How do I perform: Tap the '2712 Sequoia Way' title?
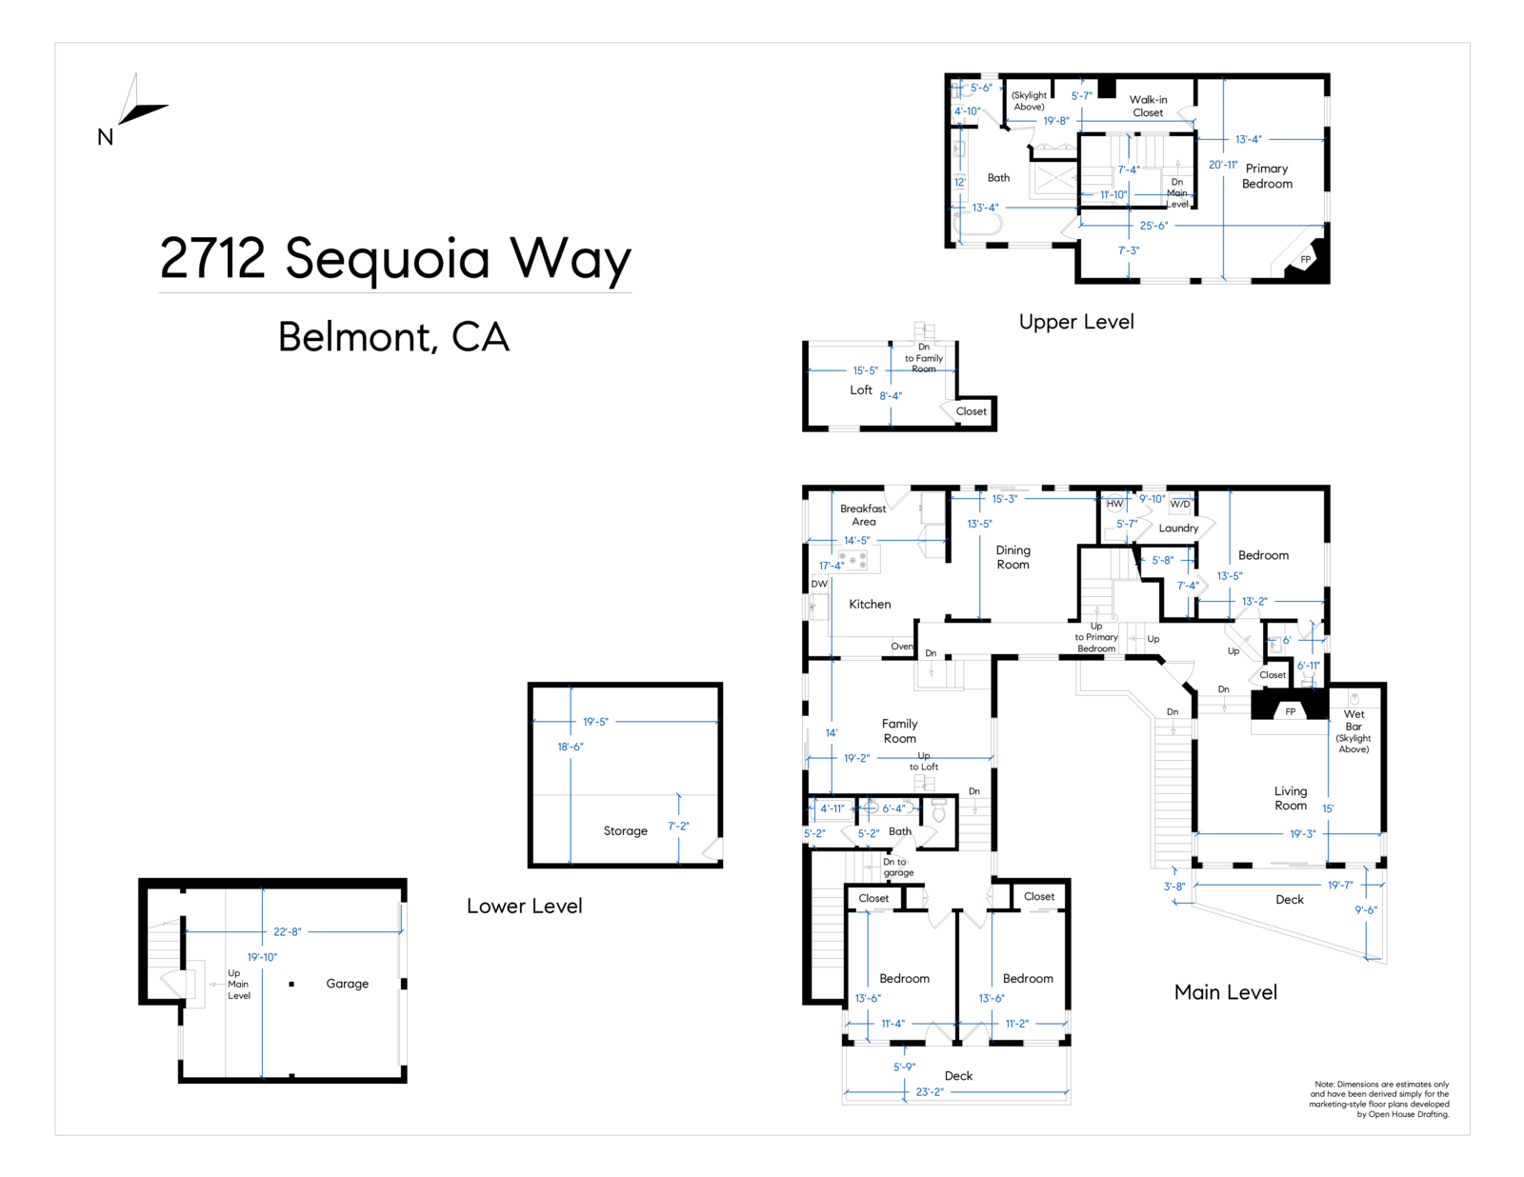395,258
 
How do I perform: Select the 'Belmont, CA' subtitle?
393,337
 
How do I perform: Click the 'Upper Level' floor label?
1076,322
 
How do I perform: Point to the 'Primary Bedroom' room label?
1267,176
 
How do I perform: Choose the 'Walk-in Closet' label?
1148,106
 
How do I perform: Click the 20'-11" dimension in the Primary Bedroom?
1223,165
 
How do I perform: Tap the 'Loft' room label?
861,390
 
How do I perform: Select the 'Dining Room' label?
1013,557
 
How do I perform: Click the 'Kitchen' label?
870,605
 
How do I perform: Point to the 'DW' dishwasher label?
819,584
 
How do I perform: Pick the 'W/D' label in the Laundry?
1180,504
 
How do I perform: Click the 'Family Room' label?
899,730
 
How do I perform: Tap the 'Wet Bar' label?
1354,720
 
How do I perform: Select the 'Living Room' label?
1291,798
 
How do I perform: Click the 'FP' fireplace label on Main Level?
1291,711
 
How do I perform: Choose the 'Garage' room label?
347,984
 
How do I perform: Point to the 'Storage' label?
625,831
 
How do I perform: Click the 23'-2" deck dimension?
930,1092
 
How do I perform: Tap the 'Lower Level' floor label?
524,907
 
